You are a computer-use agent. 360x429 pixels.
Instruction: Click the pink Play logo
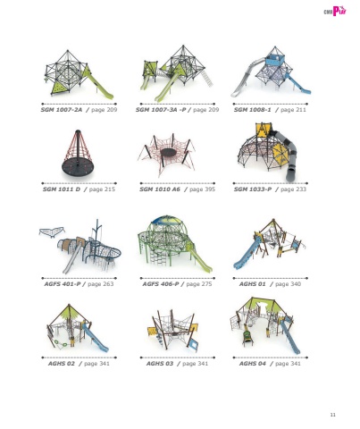coord(335,11)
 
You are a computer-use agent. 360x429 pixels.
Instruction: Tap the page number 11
coord(333,415)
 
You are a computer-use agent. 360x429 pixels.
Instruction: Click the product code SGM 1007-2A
coord(62,110)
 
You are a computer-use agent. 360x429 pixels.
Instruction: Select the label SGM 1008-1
coord(252,110)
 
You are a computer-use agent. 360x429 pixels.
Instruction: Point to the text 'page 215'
coord(102,189)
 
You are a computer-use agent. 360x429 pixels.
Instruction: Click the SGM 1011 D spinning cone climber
coord(78,156)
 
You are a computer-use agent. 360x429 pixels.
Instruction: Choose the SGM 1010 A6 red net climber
coord(167,154)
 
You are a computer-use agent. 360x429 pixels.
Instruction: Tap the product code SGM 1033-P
coord(253,189)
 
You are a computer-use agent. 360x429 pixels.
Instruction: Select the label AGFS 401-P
coord(63,284)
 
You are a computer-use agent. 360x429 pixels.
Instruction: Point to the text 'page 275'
coord(199,284)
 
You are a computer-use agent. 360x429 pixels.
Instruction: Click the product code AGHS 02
coord(62,364)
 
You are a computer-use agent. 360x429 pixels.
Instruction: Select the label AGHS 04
coord(252,364)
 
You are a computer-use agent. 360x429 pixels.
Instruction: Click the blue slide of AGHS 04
coord(289,337)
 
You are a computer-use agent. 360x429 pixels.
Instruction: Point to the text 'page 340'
coord(288,284)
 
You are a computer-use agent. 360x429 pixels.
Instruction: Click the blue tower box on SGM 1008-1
coord(274,60)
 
